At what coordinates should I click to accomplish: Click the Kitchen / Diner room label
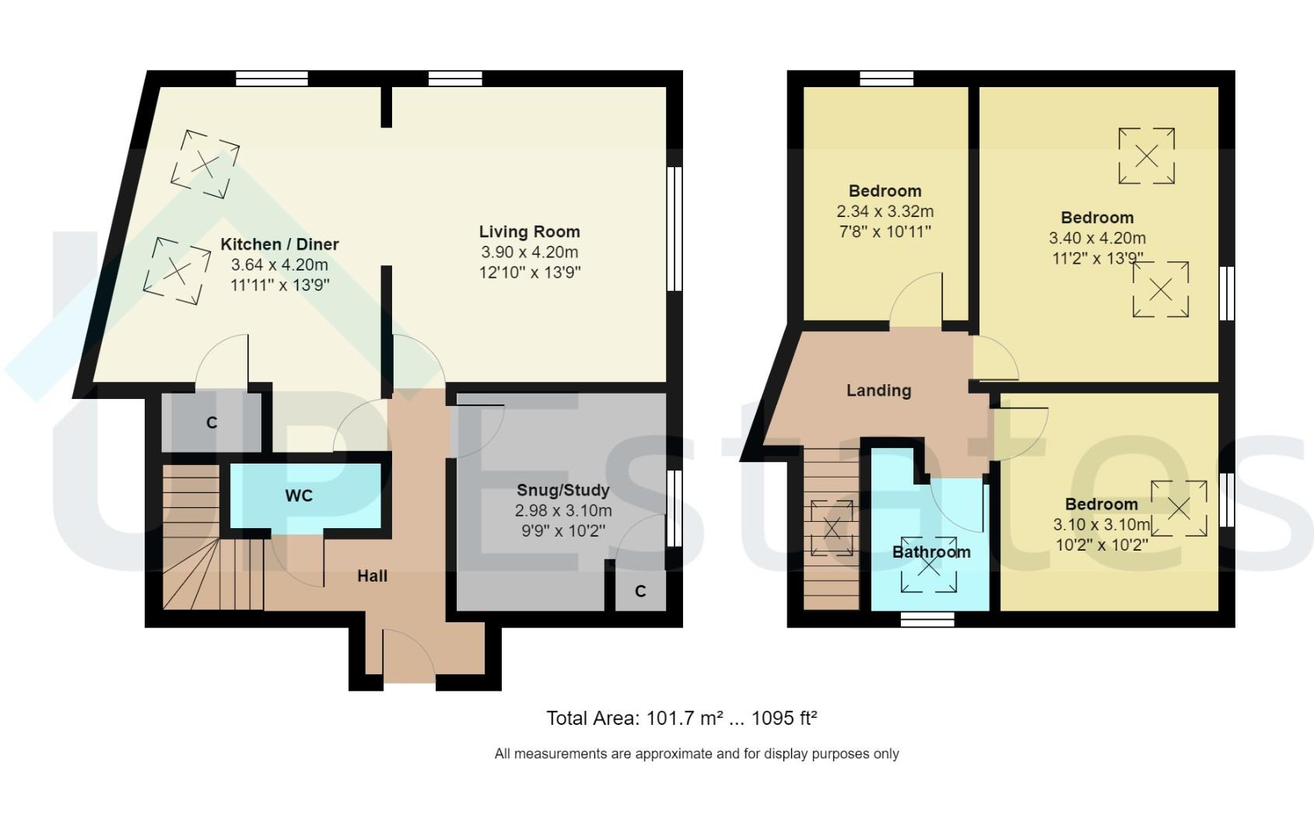click(x=279, y=244)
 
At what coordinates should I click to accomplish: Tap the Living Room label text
click(x=529, y=232)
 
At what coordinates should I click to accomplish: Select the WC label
click(x=299, y=496)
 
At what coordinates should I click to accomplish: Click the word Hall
click(x=372, y=576)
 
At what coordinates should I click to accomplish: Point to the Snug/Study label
click(x=563, y=491)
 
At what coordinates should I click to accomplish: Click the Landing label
click(x=878, y=390)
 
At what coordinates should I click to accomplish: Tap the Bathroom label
click(x=931, y=552)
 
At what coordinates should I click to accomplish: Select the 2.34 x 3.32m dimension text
click(x=885, y=212)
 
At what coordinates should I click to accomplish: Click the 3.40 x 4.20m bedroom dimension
click(x=1097, y=238)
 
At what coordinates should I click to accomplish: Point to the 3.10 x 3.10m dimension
click(x=1101, y=524)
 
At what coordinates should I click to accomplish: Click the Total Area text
click(x=682, y=718)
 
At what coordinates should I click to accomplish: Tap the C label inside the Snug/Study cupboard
click(x=640, y=592)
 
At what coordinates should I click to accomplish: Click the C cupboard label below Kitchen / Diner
click(x=212, y=423)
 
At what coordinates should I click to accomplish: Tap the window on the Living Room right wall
click(x=675, y=229)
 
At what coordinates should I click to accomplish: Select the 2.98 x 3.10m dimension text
click(x=563, y=511)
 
